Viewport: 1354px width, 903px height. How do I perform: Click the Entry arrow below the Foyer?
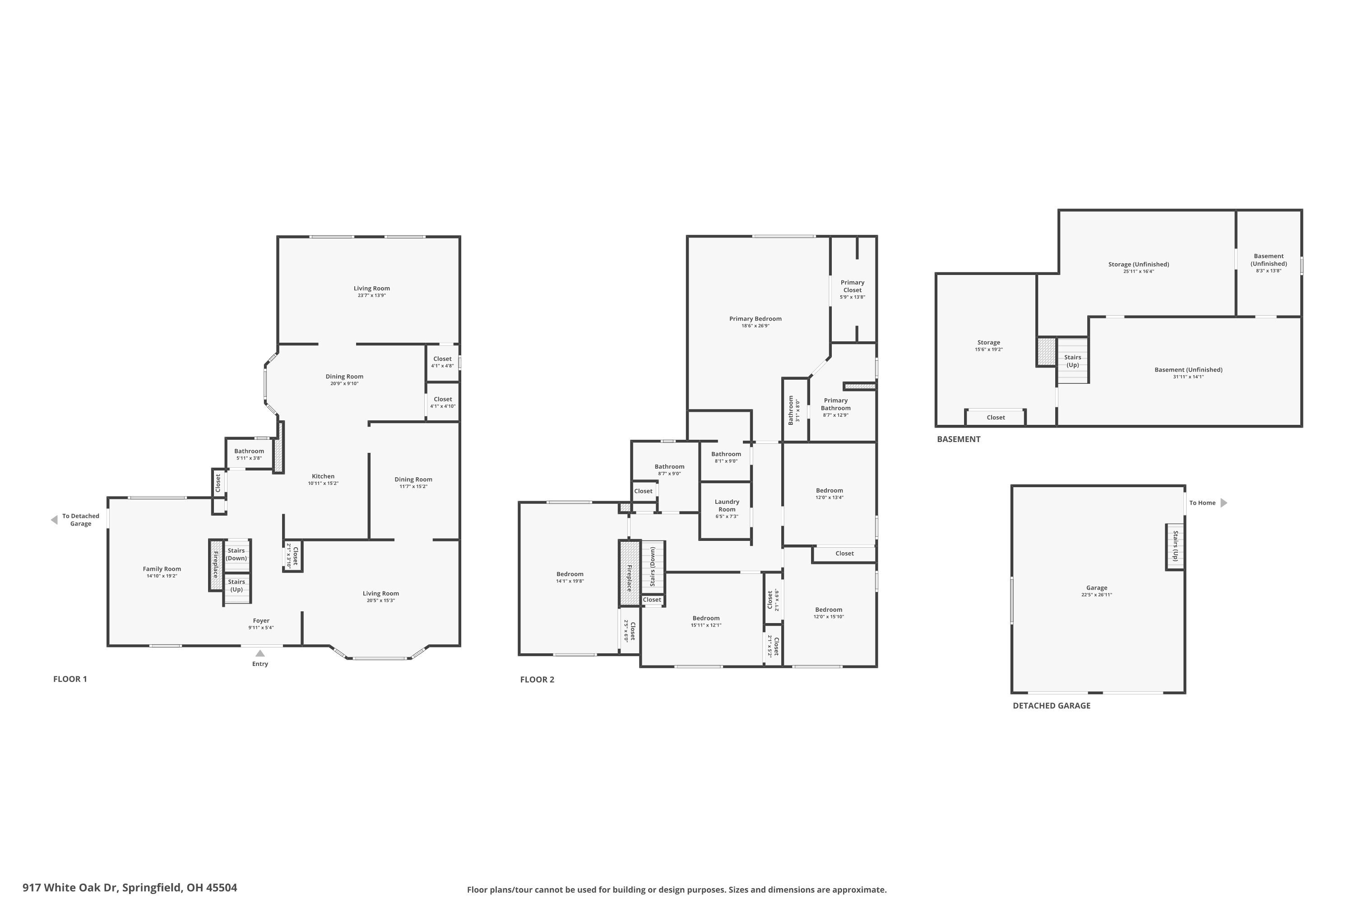[260, 653]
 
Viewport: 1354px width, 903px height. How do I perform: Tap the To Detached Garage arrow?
[54, 520]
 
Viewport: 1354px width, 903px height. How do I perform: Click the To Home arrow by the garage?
[1224, 503]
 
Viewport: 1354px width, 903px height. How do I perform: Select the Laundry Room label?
[727, 506]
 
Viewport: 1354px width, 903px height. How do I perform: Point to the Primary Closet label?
[852, 286]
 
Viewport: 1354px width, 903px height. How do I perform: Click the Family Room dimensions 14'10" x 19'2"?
[162, 576]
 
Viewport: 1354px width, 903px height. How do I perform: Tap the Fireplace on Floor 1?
[216, 565]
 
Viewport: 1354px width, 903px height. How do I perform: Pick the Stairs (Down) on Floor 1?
[236, 554]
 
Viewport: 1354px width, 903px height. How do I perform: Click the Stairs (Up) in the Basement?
[1072, 361]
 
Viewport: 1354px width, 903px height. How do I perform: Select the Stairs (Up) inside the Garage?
[1175, 546]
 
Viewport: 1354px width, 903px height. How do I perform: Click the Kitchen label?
[323, 476]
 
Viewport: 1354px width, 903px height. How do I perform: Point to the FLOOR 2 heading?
[537, 680]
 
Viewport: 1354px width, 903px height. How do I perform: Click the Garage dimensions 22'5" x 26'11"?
[1096, 595]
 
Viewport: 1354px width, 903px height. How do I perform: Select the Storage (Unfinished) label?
[1138, 264]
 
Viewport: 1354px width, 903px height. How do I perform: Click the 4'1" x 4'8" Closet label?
[442, 359]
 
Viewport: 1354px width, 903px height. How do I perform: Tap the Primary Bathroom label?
[835, 404]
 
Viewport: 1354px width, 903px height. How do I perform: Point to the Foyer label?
[261, 621]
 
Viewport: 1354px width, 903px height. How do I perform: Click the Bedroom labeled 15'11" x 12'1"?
[706, 618]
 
